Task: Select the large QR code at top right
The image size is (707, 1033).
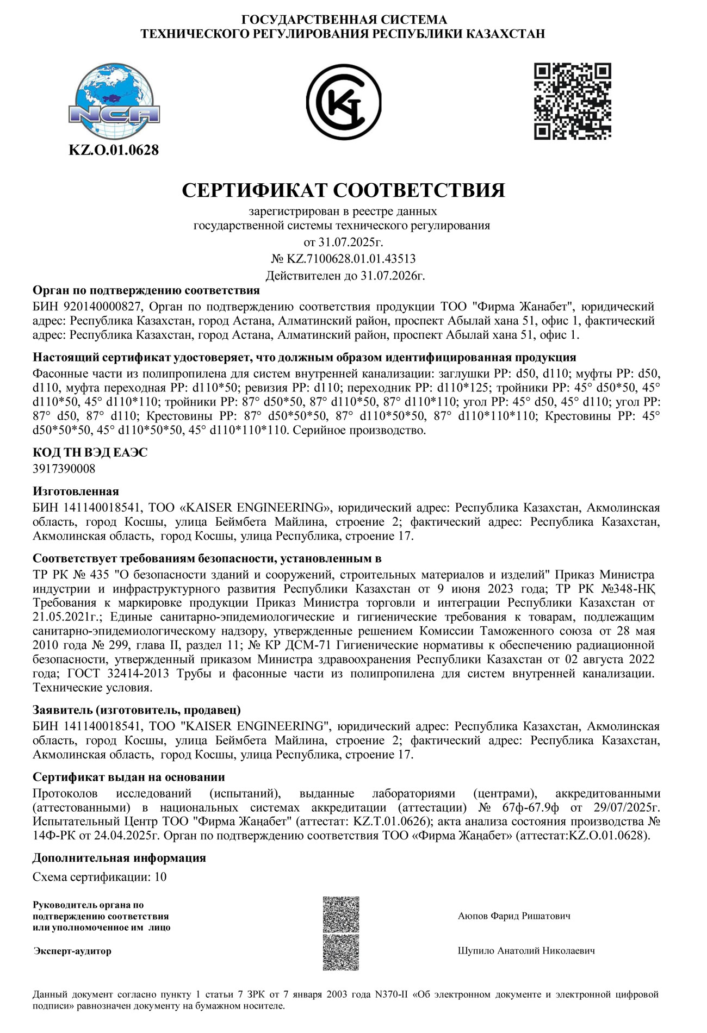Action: pos(573,101)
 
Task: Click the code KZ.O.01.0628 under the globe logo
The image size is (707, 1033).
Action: pos(114,150)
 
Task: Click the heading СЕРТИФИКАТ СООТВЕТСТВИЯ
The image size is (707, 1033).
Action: pos(343,190)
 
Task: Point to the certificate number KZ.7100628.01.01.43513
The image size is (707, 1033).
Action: pos(351,258)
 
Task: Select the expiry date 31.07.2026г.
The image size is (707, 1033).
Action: pos(392,276)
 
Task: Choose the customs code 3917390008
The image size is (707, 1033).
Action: pos(64,468)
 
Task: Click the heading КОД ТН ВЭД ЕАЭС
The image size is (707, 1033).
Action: pos(90,452)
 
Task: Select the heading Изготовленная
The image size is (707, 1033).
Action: pos(76,491)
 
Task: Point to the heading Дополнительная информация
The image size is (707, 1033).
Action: pos(119,858)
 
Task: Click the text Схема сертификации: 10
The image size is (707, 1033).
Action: pos(100,877)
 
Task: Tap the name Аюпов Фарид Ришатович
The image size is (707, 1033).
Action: pos(514,916)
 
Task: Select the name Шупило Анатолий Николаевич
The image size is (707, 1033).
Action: pos(526,951)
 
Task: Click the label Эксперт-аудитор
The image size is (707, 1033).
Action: pos(72,951)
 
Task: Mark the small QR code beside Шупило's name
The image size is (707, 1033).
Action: pos(341,952)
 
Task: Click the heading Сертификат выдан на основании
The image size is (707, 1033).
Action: pos(129,777)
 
